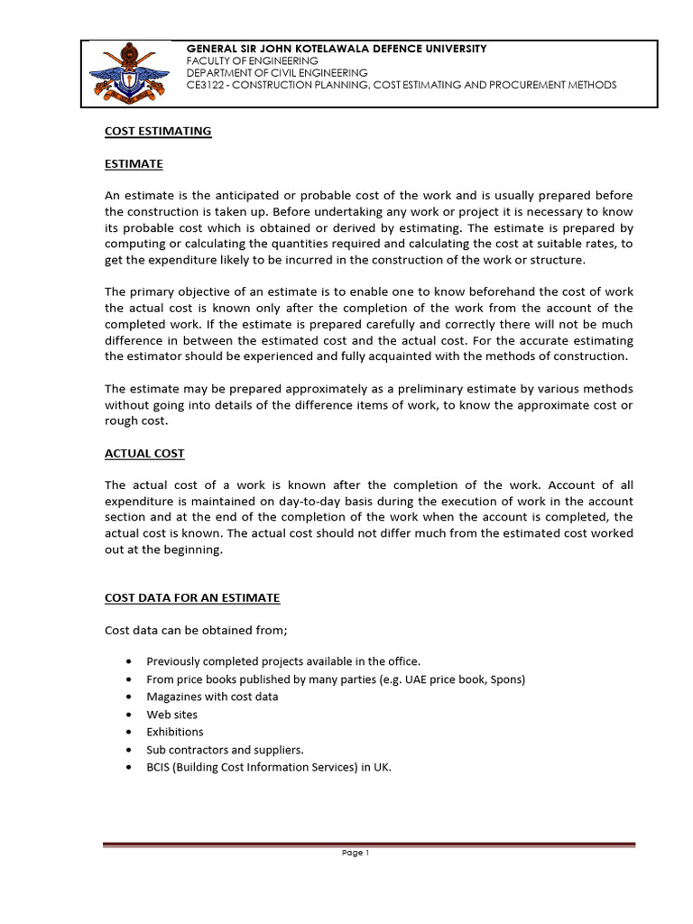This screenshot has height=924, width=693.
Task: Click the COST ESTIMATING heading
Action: point(158,131)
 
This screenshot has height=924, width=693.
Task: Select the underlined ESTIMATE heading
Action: point(134,163)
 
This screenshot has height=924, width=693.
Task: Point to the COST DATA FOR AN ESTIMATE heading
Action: point(192,598)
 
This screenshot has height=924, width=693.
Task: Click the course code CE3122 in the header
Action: point(207,85)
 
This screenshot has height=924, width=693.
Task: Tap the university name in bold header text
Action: point(336,48)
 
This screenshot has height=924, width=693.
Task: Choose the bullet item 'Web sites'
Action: point(171,715)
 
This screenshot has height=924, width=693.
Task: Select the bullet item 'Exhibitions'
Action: point(175,732)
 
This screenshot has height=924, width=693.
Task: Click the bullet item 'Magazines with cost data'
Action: point(212,697)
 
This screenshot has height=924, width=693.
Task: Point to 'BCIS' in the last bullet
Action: point(160,768)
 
